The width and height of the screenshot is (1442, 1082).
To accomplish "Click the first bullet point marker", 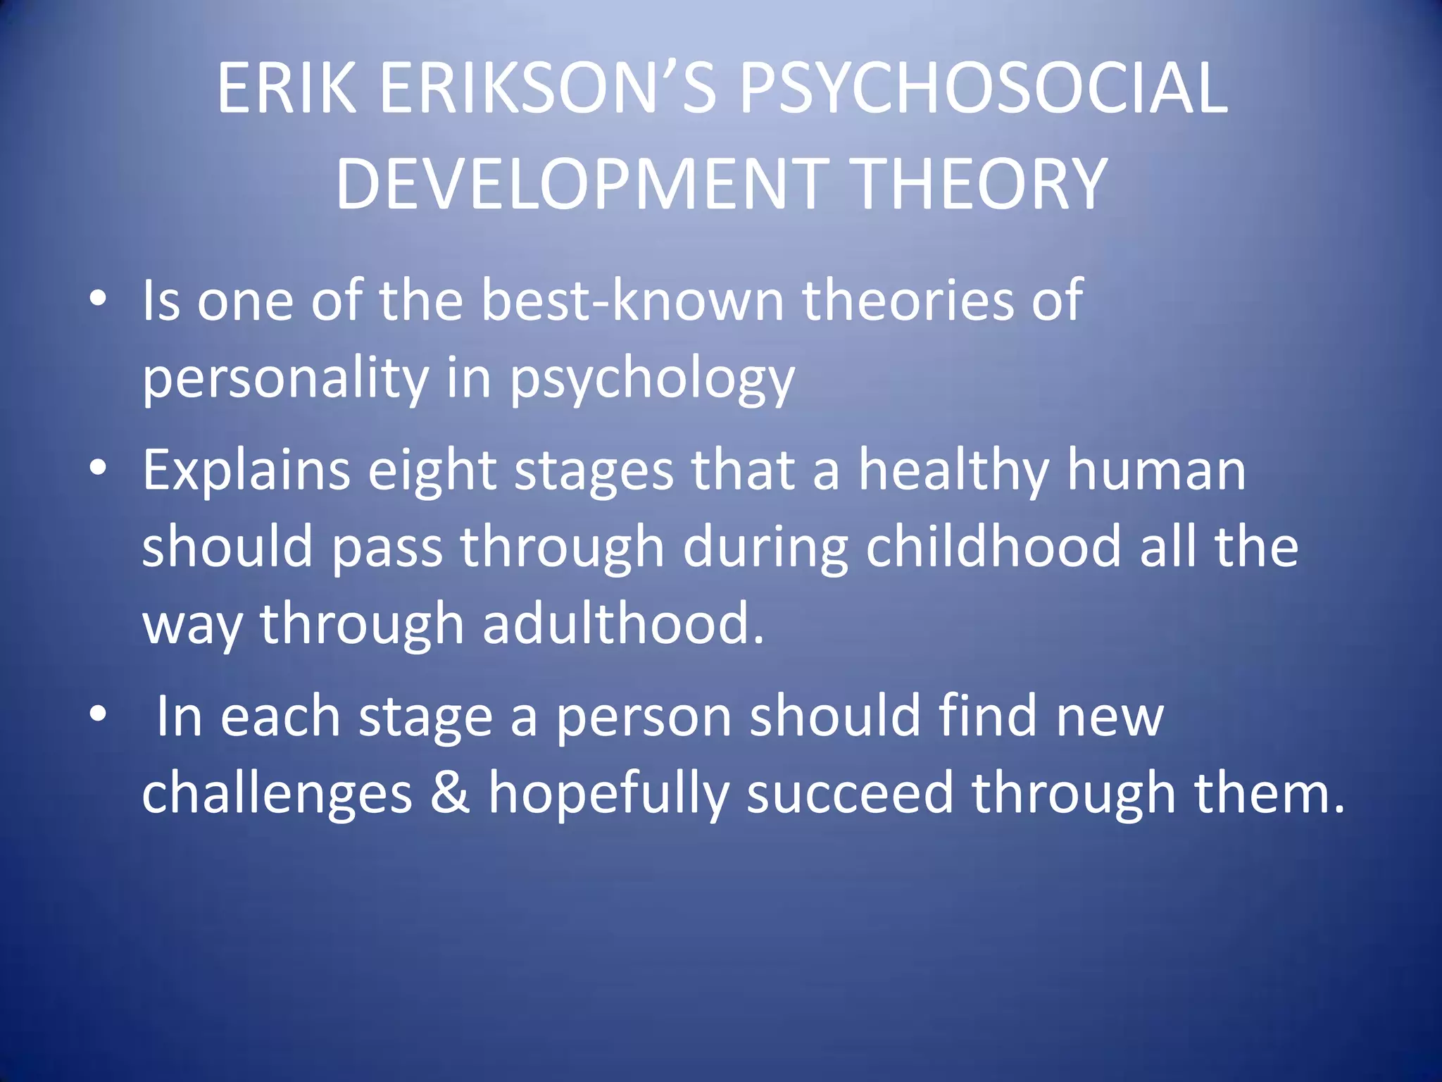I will tap(98, 299).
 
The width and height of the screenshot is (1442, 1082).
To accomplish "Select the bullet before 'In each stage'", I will tap(98, 714).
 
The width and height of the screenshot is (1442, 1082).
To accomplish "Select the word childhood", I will tap(993, 548).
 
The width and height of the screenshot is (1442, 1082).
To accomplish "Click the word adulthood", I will tap(623, 625).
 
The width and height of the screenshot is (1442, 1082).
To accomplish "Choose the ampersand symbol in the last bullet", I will tap(450, 793).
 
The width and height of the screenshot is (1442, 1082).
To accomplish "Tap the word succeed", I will tap(849, 793).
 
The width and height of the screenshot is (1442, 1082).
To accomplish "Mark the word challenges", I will tap(277, 795).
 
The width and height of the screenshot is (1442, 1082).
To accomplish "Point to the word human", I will tap(1156, 471).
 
